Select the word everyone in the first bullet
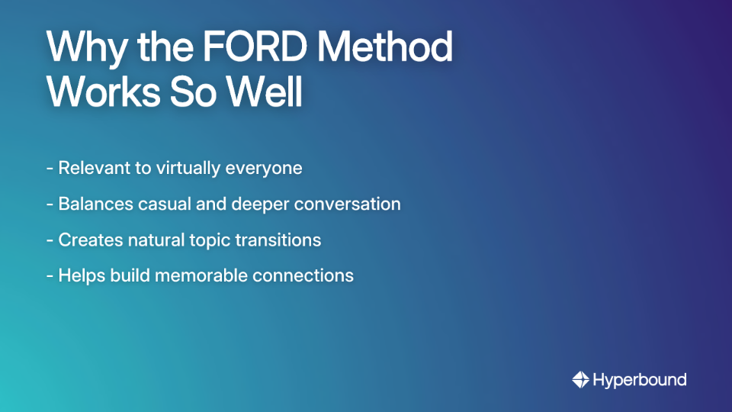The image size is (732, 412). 264,168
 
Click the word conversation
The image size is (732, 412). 347,204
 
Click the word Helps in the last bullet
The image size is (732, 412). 82,275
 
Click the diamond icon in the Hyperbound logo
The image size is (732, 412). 579,379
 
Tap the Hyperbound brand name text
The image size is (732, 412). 639,379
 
